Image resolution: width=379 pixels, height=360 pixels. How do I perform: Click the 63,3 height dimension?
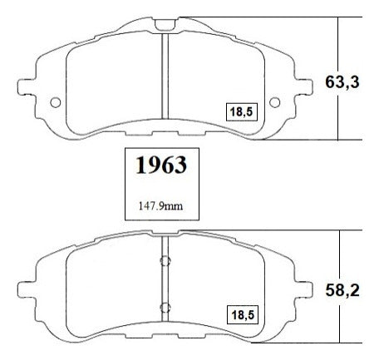click(x=342, y=82)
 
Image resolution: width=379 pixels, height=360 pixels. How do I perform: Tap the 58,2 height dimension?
click(x=342, y=290)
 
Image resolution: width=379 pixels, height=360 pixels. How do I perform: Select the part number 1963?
click(x=161, y=165)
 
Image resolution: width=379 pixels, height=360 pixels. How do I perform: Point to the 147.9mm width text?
click(x=160, y=206)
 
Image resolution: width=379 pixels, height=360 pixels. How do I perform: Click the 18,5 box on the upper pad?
click(x=242, y=112)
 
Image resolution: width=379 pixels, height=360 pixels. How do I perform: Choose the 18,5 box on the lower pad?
click(x=243, y=315)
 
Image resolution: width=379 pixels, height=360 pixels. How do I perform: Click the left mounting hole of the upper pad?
click(x=56, y=102)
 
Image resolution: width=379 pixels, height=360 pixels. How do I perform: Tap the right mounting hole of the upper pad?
click(x=274, y=102)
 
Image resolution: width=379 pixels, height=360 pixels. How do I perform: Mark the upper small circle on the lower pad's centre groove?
click(x=165, y=261)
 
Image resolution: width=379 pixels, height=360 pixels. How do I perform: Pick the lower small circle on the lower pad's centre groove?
click(x=165, y=308)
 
